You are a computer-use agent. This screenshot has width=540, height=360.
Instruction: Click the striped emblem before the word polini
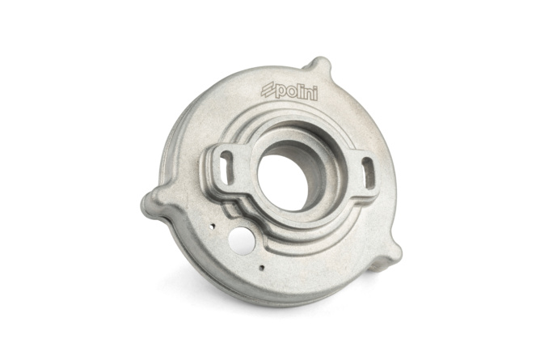[x=268, y=91]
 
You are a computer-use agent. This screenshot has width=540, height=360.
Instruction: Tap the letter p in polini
[x=280, y=92]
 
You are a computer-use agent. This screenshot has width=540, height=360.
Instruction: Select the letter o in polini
[x=290, y=92]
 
